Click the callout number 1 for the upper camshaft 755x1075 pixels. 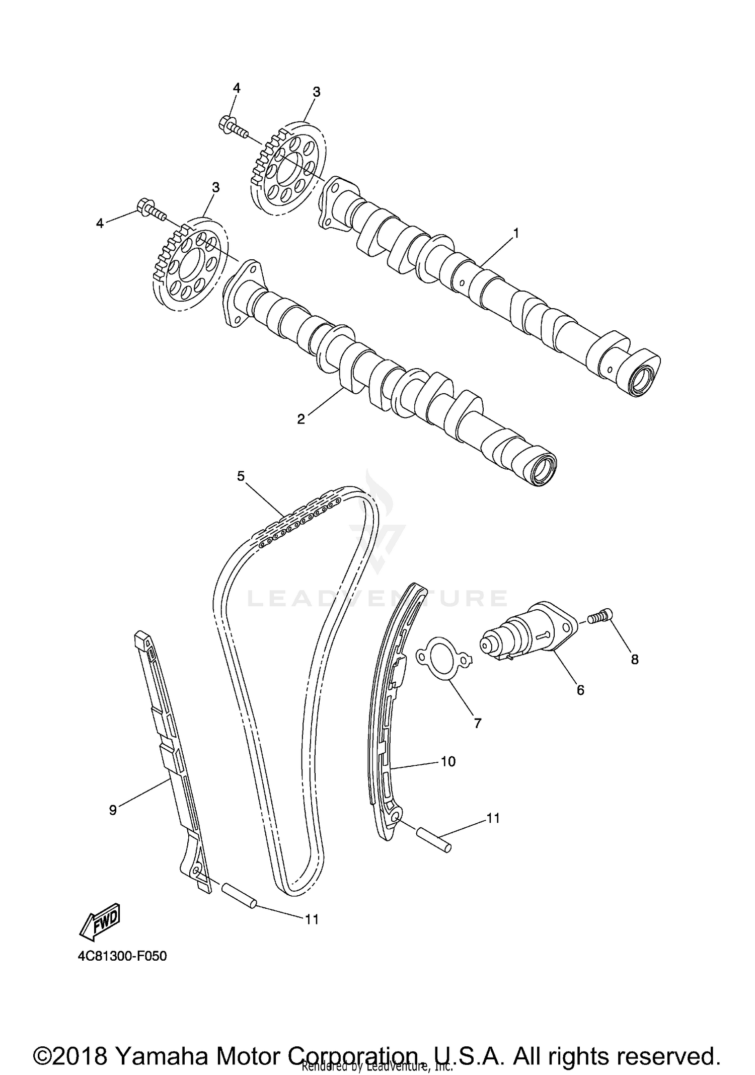click(515, 233)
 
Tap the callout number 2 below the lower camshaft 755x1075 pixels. click(301, 419)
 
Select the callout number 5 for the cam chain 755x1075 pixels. click(241, 476)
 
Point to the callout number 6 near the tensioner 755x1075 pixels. click(580, 690)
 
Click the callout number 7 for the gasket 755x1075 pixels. click(478, 724)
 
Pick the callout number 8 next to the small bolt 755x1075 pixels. click(635, 659)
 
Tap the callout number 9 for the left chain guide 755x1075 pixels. click(113, 810)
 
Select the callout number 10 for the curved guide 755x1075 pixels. click(447, 761)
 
